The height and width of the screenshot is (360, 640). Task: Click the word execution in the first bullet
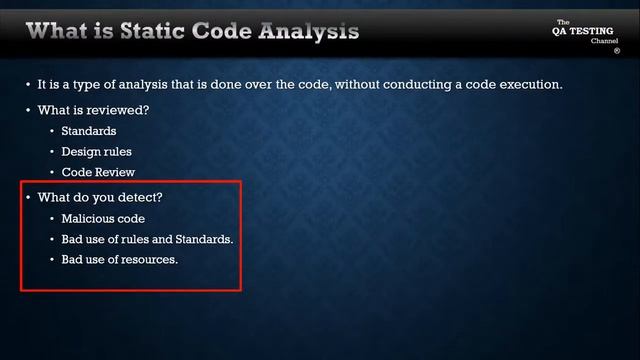530,85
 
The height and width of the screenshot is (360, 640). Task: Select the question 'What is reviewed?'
93,109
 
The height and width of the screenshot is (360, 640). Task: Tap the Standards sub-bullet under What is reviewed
88,131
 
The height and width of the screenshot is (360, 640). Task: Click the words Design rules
96,152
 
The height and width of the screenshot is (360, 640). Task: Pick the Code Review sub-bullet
98,173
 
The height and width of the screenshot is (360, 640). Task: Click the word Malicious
88,218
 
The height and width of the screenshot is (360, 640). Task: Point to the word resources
148,261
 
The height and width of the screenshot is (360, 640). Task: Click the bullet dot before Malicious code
52,218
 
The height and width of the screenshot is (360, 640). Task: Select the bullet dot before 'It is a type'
28,85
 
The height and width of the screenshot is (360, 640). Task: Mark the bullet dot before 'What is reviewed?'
28,109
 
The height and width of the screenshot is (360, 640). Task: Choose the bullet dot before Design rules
52,152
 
